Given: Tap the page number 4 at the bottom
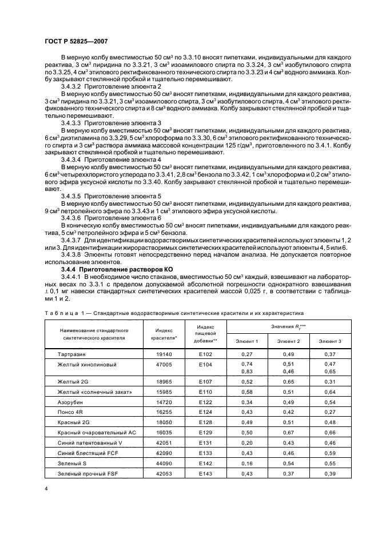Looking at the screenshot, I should (45, 489).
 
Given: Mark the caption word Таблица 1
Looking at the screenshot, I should (62, 313).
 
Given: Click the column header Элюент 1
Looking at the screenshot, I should (247, 341).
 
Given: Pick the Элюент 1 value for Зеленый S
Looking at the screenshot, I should (247, 464).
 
